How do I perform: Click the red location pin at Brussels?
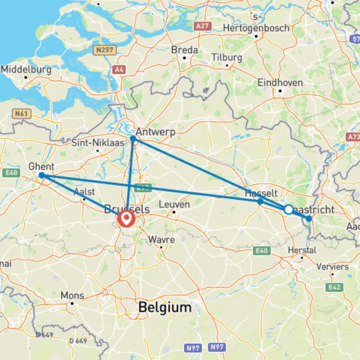(126, 219)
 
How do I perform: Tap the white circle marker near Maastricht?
(289, 209)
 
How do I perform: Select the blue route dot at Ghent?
(42, 175)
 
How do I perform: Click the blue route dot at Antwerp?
(133, 139)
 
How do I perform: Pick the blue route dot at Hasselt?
(260, 201)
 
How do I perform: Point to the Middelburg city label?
(26, 70)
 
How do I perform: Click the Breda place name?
(184, 50)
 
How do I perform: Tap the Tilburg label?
(227, 57)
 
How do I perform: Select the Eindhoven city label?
(280, 83)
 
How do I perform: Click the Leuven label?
(175, 204)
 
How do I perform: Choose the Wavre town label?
(161, 239)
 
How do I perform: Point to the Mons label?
(72, 296)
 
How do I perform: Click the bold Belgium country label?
(165, 307)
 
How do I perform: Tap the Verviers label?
(333, 267)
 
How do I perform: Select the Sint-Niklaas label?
(98, 143)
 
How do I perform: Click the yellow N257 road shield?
(105, 50)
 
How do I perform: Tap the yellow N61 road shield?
(22, 114)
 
